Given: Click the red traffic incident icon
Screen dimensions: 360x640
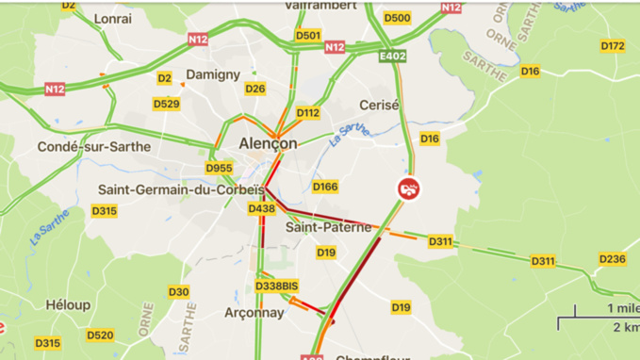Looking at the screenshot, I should pyautogui.click(x=409, y=188).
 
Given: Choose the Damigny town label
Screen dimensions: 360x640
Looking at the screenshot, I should pyautogui.click(x=214, y=74).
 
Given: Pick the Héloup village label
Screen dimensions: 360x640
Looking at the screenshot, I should pyautogui.click(x=69, y=304).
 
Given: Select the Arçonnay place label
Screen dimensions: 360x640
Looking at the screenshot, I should pyautogui.click(x=254, y=312).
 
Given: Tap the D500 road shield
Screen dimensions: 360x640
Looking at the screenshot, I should pyautogui.click(x=398, y=18).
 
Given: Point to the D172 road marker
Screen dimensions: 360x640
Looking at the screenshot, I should pyautogui.click(x=613, y=45).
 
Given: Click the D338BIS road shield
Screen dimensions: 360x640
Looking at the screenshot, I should pyautogui.click(x=276, y=286).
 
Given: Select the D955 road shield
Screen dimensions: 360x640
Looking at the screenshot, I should pyautogui.click(x=219, y=169).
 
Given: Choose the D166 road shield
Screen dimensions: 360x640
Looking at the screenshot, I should pyautogui.click(x=325, y=187).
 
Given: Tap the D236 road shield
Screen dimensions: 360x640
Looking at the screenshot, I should pyautogui.click(x=612, y=259).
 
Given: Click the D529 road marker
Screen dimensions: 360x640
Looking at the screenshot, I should pyautogui.click(x=166, y=104).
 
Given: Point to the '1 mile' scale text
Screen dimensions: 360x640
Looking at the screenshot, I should pyautogui.click(x=623, y=308).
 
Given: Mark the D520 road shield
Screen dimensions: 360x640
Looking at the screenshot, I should pyautogui.click(x=100, y=335).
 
